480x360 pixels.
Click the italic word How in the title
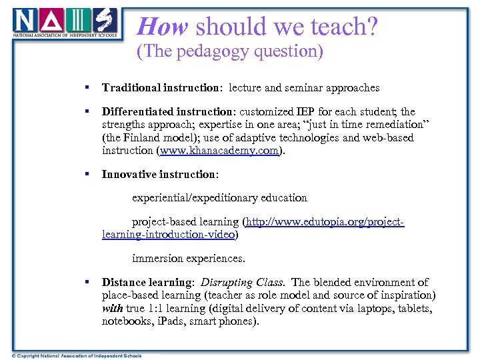coord(163,27)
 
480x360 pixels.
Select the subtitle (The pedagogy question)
coord(229,52)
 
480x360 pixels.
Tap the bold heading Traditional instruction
coord(161,87)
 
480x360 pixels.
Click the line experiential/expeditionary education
coord(219,198)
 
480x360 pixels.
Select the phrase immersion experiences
coord(189,258)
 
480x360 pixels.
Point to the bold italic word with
coord(112,309)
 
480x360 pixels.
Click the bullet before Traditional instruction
coord(87,87)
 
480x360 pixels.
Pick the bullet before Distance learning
coord(87,283)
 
